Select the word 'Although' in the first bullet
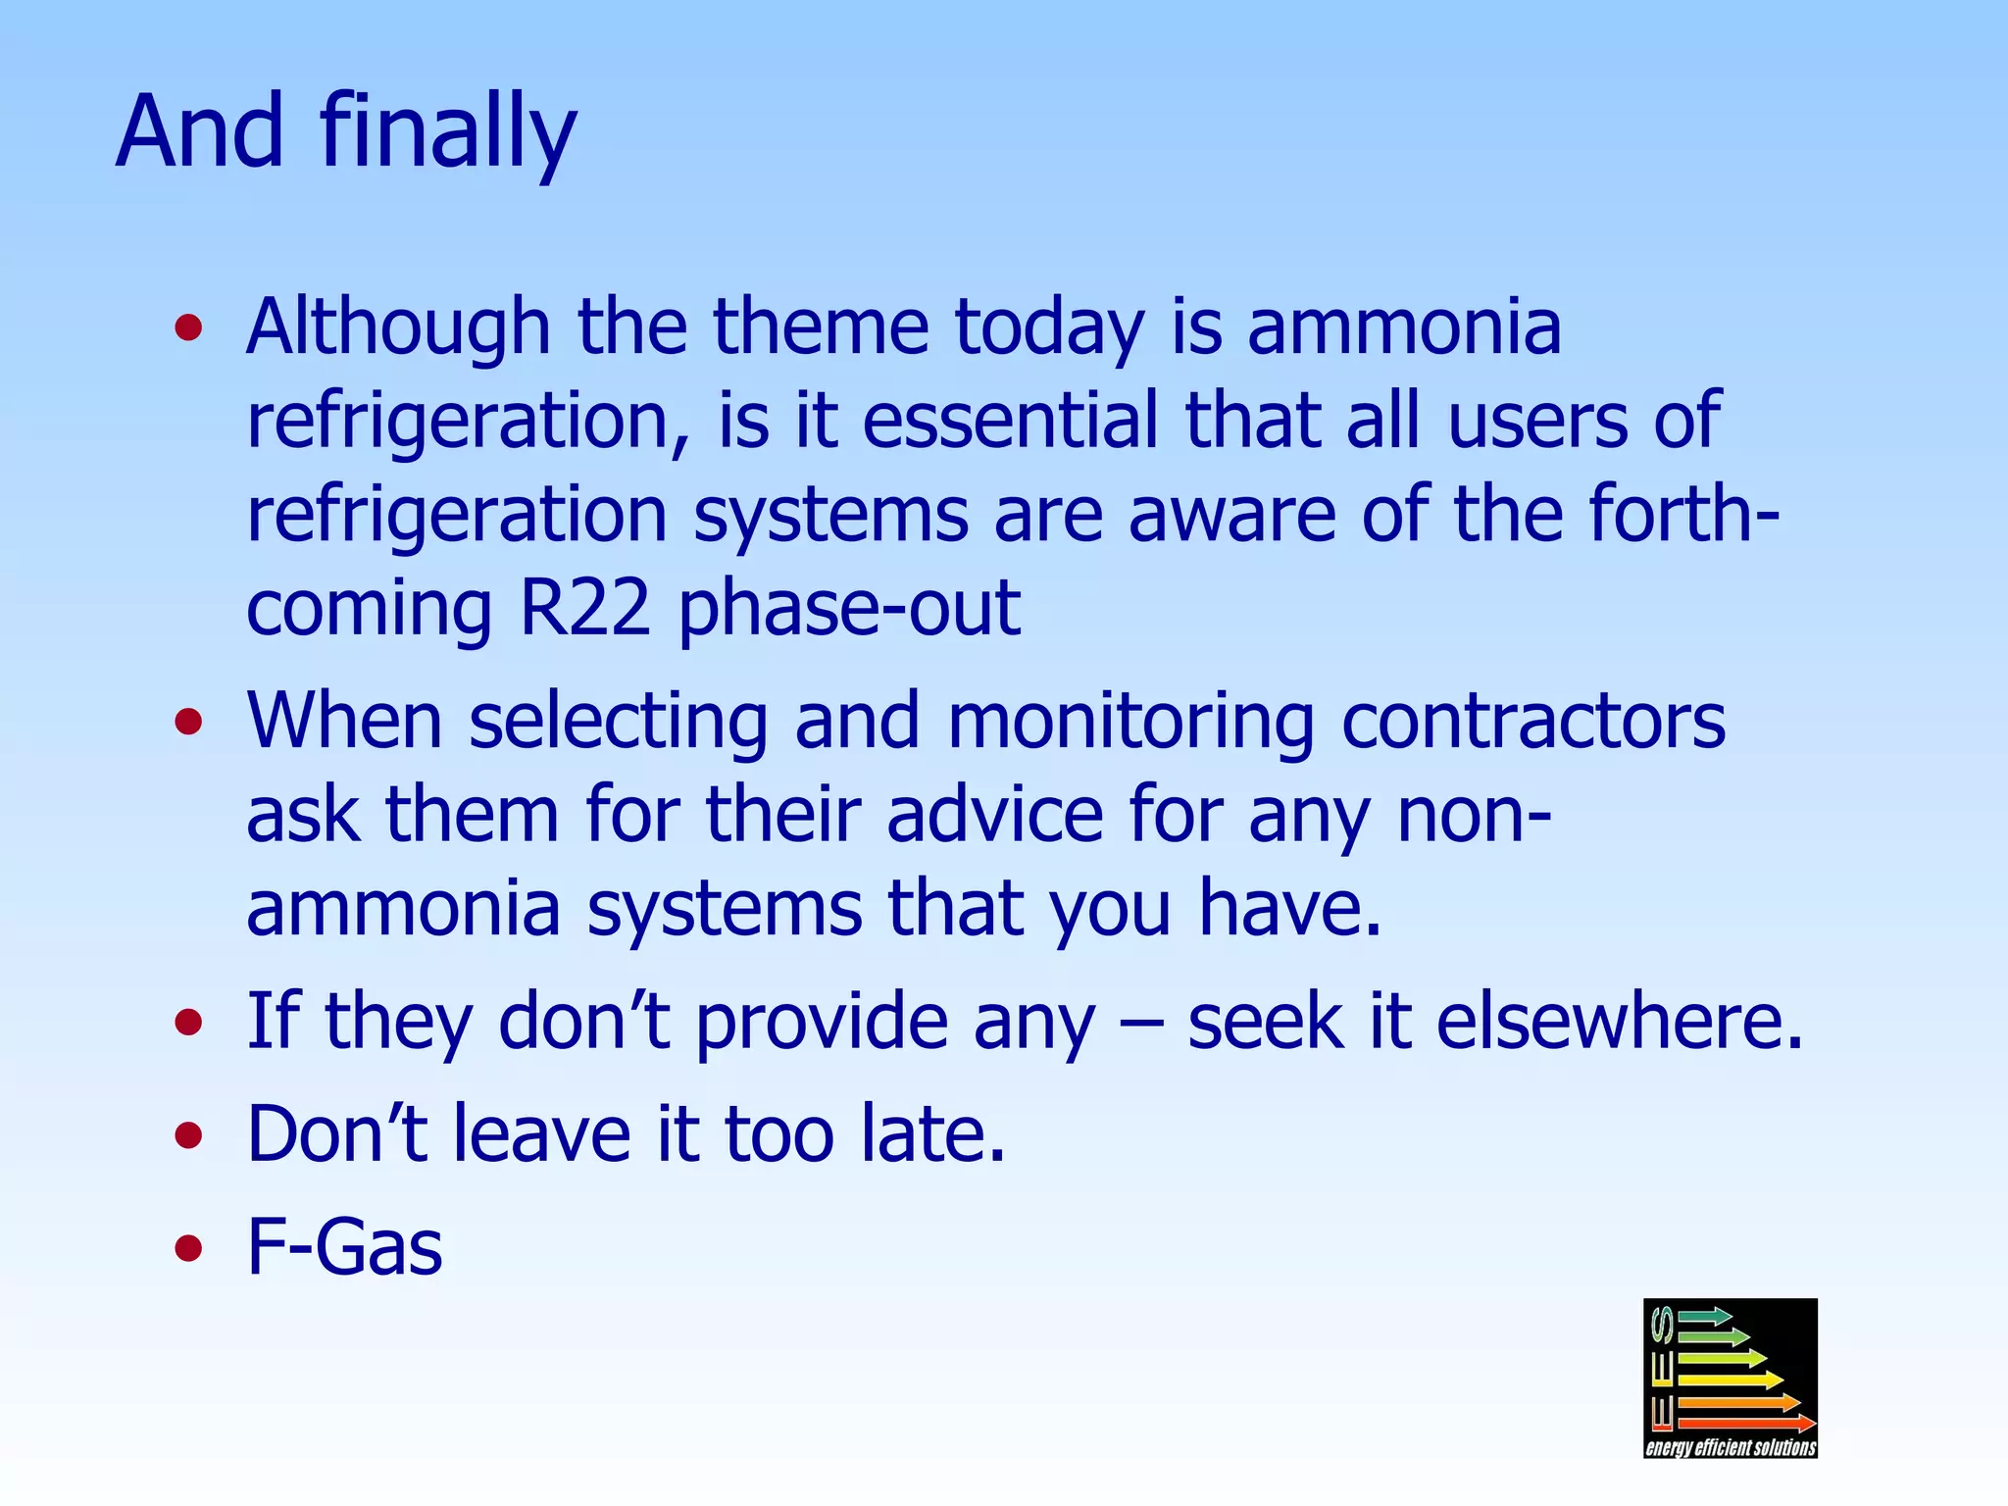(x=397, y=327)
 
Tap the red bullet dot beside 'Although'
(x=188, y=328)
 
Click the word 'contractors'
(x=1532, y=722)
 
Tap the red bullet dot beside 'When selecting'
(x=188, y=724)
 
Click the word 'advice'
(x=994, y=816)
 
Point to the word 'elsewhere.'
(x=1619, y=1022)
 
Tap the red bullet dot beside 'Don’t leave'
(x=188, y=1136)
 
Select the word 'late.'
(x=932, y=1134)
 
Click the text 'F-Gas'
(x=344, y=1247)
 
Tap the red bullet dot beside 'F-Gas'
(x=188, y=1249)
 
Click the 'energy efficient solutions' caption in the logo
(x=1731, y=1447)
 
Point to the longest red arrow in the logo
(x=1746, y=1423)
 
